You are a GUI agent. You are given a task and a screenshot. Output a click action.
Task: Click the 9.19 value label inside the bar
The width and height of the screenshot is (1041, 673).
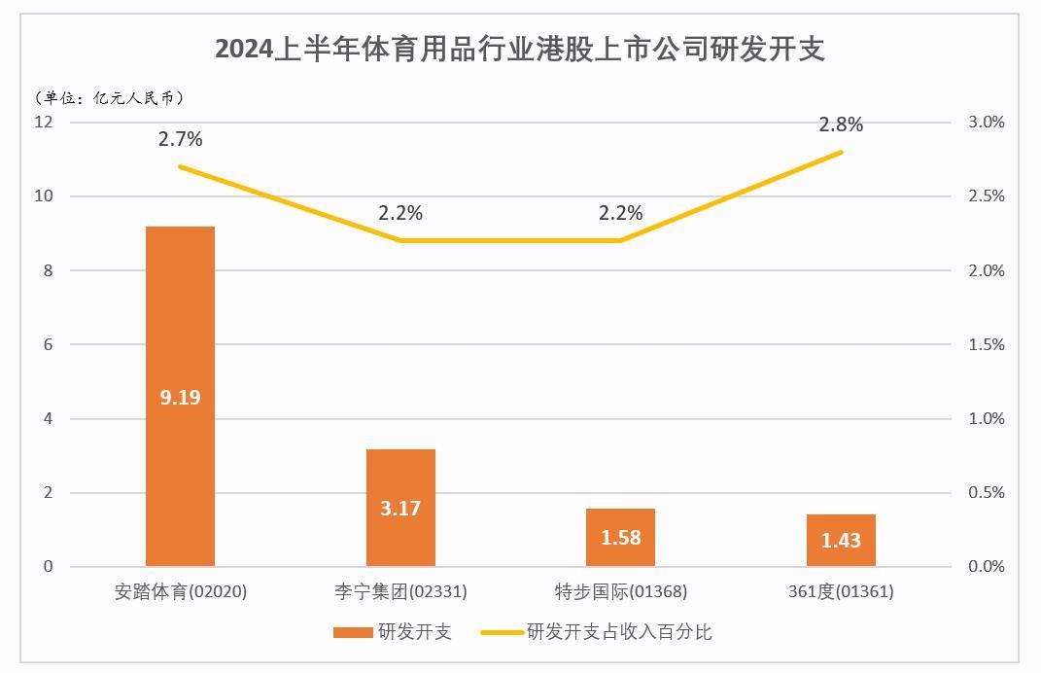(x=180, y=398)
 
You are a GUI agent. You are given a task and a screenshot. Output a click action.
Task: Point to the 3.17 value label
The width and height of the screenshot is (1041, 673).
(x=400, y=509)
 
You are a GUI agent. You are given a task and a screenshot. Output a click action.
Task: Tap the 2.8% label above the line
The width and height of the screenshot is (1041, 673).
(x=841, y=124)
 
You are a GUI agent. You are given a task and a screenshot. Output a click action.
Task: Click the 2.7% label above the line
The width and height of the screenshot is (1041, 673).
(x=181, y=139)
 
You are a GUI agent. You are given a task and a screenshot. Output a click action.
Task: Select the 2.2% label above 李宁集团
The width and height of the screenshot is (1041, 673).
(x=400, y=213)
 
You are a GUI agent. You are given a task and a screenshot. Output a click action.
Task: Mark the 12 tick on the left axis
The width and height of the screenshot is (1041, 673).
(x=43, y=123)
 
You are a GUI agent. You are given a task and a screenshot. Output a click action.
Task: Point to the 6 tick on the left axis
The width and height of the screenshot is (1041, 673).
(x=47, y=345)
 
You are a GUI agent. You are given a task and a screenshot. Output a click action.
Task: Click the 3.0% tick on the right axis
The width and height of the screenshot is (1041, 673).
(x=986, y=123)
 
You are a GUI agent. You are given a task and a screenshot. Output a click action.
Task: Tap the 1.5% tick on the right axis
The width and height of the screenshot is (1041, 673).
(x=986, y=345)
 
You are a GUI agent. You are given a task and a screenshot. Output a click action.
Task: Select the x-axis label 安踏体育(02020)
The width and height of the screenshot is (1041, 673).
(x=181, y=591)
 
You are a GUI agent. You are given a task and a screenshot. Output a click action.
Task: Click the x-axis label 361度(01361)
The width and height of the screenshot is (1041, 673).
(x=841, y=591)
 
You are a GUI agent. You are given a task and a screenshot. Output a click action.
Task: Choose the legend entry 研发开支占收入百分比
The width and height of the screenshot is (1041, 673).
(x=618, y=632)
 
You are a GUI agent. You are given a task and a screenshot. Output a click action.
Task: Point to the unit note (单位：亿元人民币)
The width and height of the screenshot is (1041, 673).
(x=109, y=97)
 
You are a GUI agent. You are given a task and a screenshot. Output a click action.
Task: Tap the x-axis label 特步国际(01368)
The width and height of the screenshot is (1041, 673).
(x=620, y=591)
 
